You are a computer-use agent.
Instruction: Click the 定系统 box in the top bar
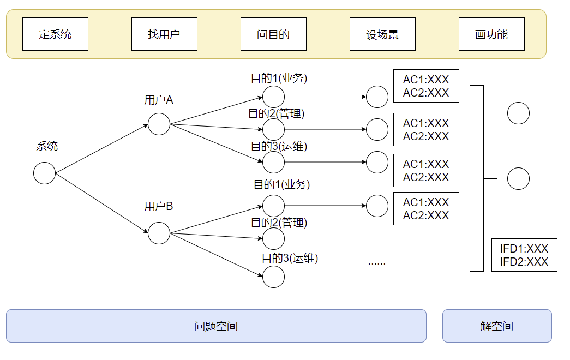point(55,34)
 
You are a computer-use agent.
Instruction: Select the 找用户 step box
point(164,34)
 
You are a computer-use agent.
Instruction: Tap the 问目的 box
point(273,34)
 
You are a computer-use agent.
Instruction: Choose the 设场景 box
point(382,34)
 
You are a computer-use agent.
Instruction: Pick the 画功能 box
point(491,34)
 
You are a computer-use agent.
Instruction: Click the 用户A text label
point(159,100)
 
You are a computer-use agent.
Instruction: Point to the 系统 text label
point(47,146)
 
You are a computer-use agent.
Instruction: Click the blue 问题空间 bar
point(216,326)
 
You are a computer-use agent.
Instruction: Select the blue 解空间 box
point(497,326)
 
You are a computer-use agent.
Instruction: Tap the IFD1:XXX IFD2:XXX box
point(524,255)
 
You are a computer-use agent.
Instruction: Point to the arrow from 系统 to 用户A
point(102,148)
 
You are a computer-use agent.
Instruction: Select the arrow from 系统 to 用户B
point(102,203)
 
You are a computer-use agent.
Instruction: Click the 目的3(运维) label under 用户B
point(290,258)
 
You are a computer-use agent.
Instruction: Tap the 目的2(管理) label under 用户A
point(277,114)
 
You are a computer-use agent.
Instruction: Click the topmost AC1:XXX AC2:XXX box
point(426,86)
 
